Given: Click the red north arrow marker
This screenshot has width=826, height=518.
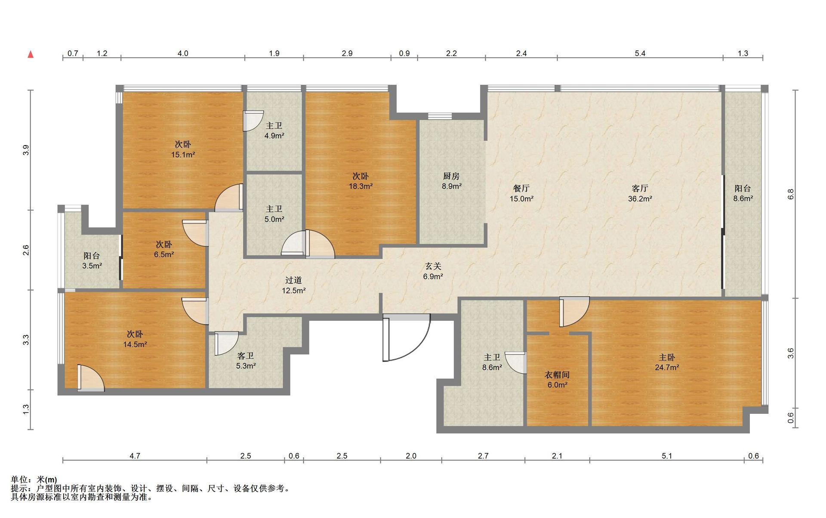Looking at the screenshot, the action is point(31,54).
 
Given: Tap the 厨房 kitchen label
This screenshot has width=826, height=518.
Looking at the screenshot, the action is point(451,176).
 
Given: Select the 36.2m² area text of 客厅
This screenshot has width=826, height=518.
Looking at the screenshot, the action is point(640,199).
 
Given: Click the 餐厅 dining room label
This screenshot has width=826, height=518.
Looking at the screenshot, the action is point(521,188).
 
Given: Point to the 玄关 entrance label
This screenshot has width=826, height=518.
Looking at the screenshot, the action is point(433,267).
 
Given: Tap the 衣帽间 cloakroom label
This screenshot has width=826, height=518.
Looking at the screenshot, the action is point(557,375).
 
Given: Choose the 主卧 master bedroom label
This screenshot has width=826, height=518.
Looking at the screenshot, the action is point(667,357).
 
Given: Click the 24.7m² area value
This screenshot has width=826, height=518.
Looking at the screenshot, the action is point(667,368).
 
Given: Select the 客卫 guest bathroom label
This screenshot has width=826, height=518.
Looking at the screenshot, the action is point(246,356).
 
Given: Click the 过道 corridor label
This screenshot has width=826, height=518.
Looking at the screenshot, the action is point(293,280).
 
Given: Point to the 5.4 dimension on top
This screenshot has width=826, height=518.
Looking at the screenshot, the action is point(640,53).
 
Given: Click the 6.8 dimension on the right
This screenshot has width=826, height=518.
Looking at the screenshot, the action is point(791,194).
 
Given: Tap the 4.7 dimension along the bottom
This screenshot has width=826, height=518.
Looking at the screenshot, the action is point(135,456).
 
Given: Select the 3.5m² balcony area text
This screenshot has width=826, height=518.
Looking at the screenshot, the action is point(92,266).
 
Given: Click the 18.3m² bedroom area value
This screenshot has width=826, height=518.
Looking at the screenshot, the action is point(361,186).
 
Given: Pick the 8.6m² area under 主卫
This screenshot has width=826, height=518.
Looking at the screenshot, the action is point(492,368).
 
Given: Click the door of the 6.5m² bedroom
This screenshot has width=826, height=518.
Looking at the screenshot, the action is point(195,233).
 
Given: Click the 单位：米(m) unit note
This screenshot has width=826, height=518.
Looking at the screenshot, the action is point(34,480).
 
